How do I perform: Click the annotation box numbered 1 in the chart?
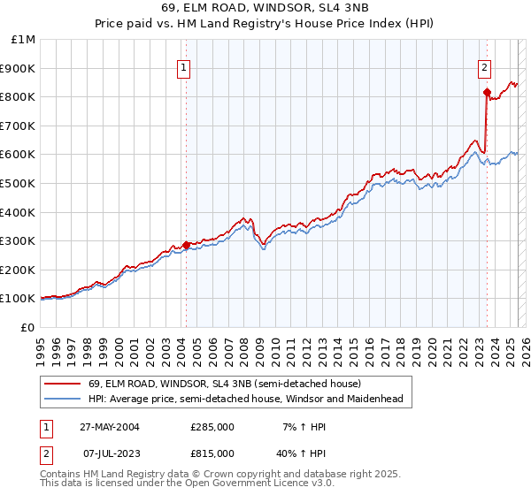183,67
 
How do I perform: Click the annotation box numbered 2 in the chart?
485,67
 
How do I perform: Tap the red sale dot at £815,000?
487,92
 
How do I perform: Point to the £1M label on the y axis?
24,39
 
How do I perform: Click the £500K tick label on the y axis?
19,183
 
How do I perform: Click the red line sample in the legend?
63,384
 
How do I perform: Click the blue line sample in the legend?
63,399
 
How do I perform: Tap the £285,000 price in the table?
212,427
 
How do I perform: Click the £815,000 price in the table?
212,453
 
